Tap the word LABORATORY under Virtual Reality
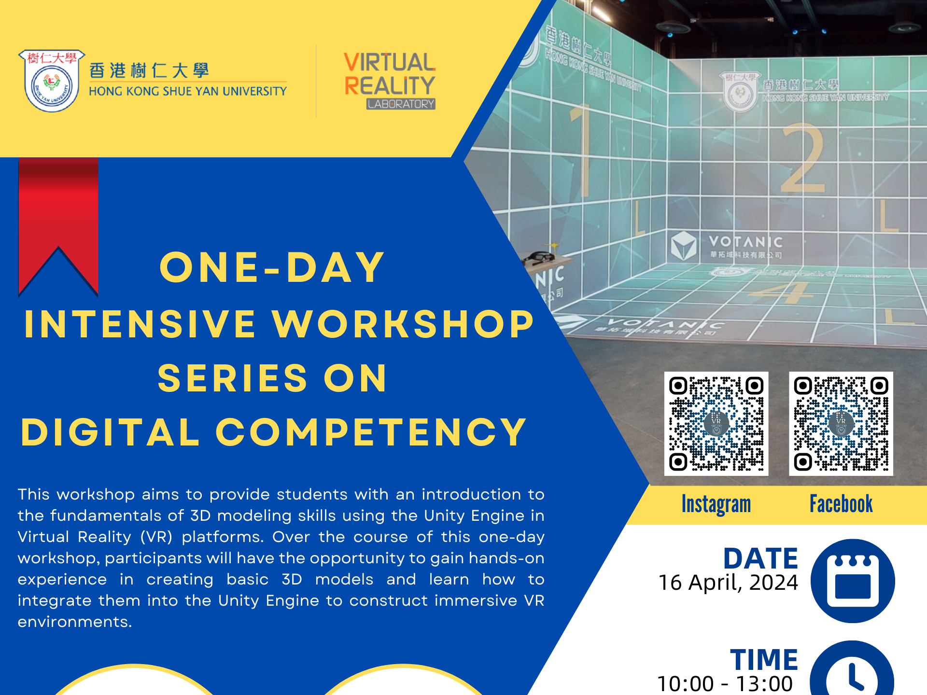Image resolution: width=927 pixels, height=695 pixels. tap(401, 104)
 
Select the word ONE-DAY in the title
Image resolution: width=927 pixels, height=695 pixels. tap(272, 267)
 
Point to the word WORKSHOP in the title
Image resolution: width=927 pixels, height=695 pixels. tap(403, 324)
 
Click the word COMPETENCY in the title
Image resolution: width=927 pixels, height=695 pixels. tap(371, 432)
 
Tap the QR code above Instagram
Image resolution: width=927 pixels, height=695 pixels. tap(716, 423)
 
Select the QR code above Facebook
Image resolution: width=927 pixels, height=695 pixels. tap(841, 423)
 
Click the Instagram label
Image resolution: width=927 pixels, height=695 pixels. tap(716, 504)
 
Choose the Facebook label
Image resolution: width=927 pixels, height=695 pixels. tap(841, 504)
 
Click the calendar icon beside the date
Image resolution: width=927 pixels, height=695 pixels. tap(852, 581)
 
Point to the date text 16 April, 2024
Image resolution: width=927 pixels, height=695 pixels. tap(728, 583)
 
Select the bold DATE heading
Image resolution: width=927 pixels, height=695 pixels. tap(760, 559)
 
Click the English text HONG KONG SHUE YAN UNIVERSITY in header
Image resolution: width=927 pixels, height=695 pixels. tap(187, 91)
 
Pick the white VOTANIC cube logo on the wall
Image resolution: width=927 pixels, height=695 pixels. tap(683, 245)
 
